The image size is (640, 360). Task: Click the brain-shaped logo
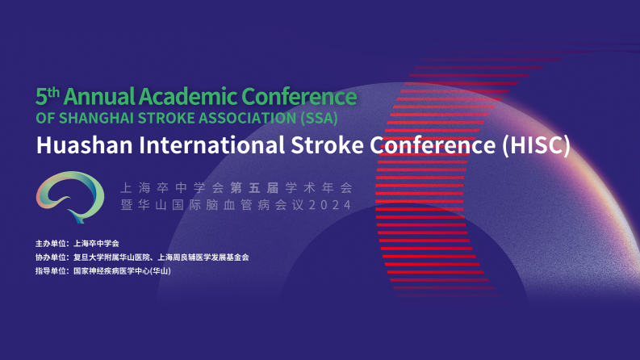pos(69,197)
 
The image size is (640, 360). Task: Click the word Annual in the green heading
pos(99,97)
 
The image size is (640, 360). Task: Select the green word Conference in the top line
pos(299,97)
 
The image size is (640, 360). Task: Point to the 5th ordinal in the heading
pos(48,96)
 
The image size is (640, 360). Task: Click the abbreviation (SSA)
pos(319,118)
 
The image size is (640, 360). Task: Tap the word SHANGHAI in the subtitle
pos(95,118)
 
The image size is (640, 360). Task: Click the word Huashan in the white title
pos(85,145)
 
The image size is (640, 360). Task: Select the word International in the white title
pos(211,145)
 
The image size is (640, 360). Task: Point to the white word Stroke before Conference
pos(327,145)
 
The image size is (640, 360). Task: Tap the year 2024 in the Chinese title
pos(330,205)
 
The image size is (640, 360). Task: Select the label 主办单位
pos(51,244)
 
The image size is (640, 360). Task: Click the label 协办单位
pos(51,257)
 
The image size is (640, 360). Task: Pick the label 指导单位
pos(51,270)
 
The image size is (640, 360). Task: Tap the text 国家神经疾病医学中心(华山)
pos(122,270)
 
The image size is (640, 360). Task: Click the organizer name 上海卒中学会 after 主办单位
pos(96,244)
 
